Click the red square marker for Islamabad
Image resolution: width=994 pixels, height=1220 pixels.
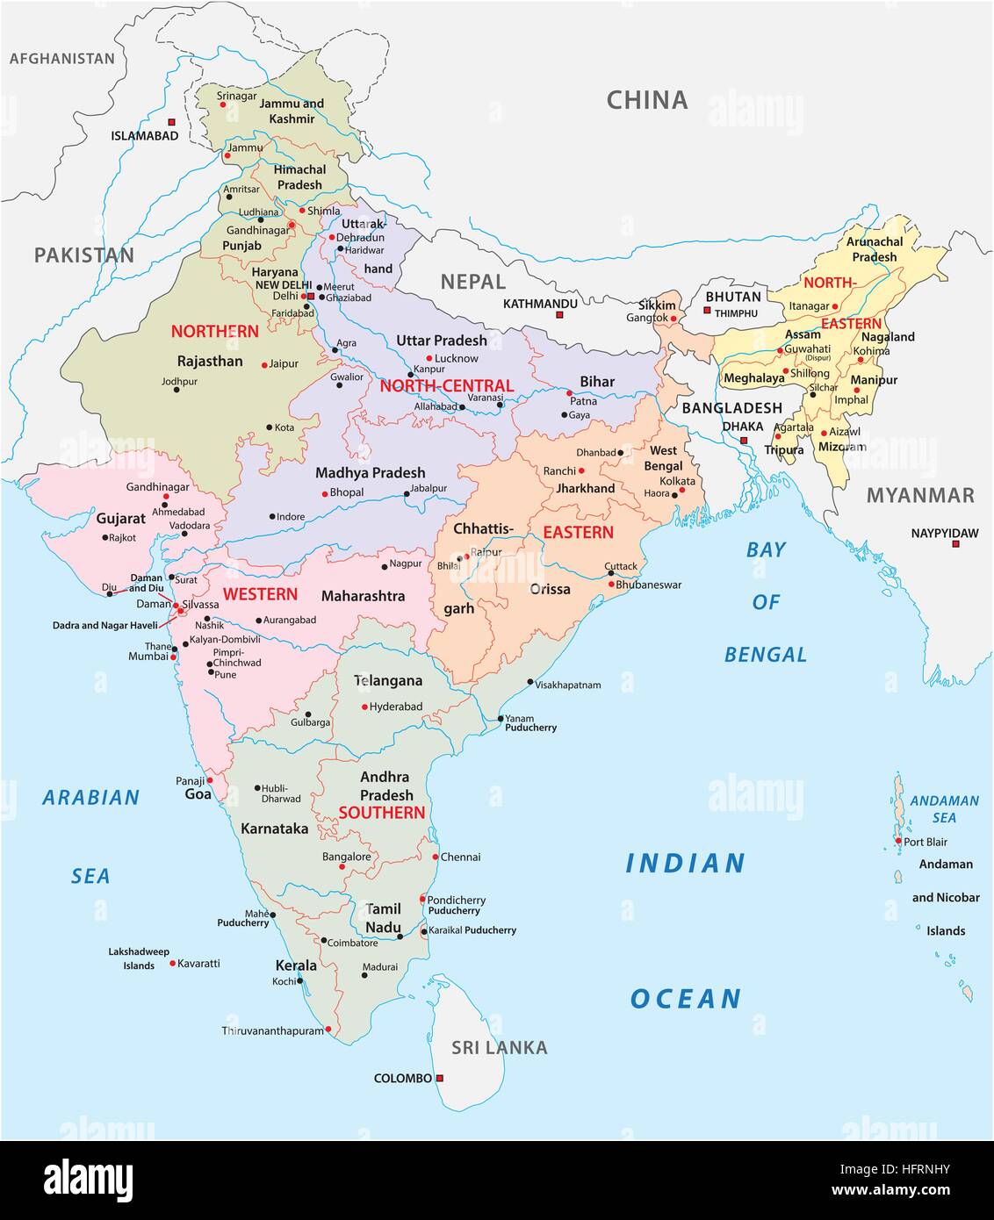[171, 122]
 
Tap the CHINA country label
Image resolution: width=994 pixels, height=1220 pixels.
[647, 100]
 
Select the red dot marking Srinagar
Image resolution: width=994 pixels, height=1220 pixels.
[223, 104]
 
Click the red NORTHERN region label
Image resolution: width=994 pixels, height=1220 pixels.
[215, 331]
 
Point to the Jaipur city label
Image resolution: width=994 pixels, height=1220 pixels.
[284, 363]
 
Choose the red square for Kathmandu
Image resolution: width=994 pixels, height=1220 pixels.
[560, 314]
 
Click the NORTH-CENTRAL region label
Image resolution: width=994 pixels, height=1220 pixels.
[446, 385]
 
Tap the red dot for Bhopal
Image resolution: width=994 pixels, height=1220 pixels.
[325, 494]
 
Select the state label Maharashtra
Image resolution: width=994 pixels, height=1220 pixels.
[363, 596]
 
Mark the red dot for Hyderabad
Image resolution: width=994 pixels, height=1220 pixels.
[364, 707]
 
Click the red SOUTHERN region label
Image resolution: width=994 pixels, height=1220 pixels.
[382, 813]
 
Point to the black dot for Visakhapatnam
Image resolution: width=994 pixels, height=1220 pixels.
[530, 682]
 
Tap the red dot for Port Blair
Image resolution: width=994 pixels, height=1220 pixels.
[897, 841]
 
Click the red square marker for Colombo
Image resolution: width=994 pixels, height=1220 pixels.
[440, 1078]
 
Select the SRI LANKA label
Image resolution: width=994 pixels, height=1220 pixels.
[499, 1047]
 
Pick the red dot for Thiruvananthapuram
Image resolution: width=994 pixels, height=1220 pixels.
[328, 1029]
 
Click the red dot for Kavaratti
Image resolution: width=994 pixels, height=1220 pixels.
[172, 963]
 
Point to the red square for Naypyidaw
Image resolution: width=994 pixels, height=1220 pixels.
[956, 544]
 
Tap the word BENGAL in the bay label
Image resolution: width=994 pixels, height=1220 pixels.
[765, 654]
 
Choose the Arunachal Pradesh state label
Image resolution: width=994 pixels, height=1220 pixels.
[875, 249]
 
